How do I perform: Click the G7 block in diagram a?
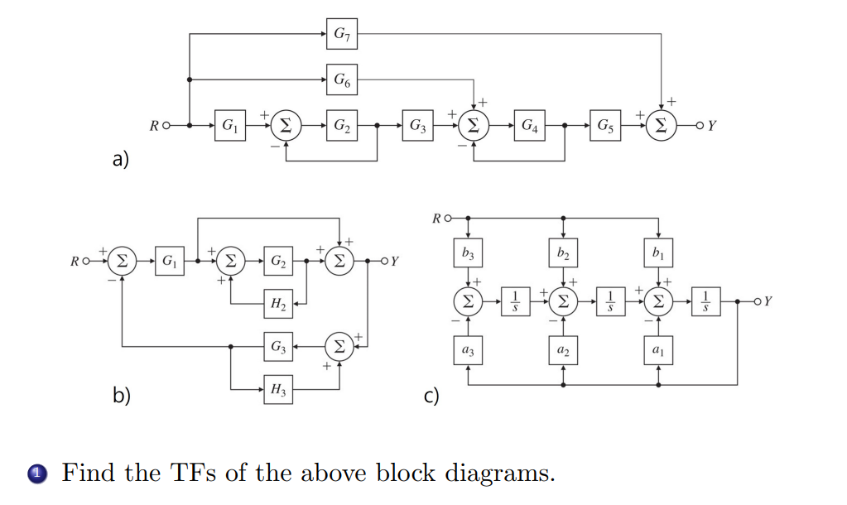pos(341,34)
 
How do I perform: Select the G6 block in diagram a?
pos(341,79)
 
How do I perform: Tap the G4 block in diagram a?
pos(529,126)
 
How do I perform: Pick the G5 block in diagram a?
pos(607,126)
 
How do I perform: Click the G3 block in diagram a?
pos(418,126)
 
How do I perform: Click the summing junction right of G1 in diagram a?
pos(285,126)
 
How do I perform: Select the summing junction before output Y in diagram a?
pos(662,126)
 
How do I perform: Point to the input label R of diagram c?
pos(436,219)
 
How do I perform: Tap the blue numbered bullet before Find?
pos(35,474)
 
